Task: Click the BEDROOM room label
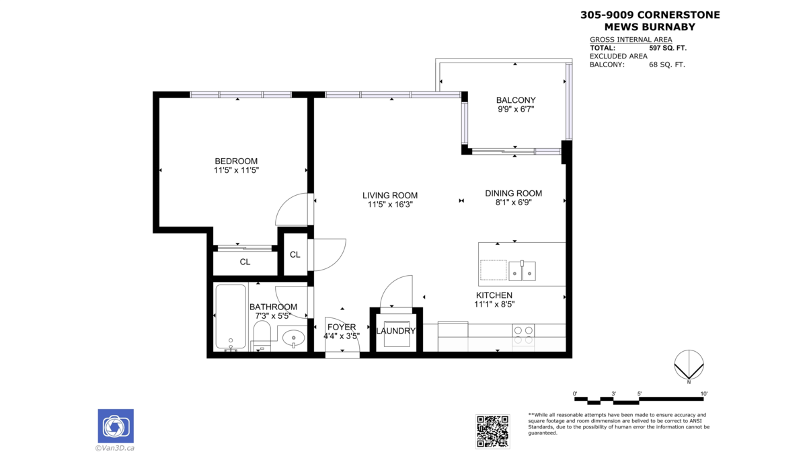(236, 161)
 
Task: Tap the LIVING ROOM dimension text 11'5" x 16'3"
(390, 204)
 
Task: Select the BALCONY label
(516, 100)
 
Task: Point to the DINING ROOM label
(513, 194)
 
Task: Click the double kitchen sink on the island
(522, 271)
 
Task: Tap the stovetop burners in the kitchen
(523, 335)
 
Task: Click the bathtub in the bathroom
(231, 317)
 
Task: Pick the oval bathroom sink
(293, 338)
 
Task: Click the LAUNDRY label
(395, 331)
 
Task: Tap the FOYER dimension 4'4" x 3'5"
(342, 336)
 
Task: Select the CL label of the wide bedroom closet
(245, 262)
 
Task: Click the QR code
(492, 431)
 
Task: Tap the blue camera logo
(116, 426)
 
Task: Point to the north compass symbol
(689, 365)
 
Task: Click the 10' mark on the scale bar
(704, 394)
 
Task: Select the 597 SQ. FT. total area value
(668, 48)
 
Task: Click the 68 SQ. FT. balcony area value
(667, 65)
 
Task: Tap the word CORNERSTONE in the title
(679, 15)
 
